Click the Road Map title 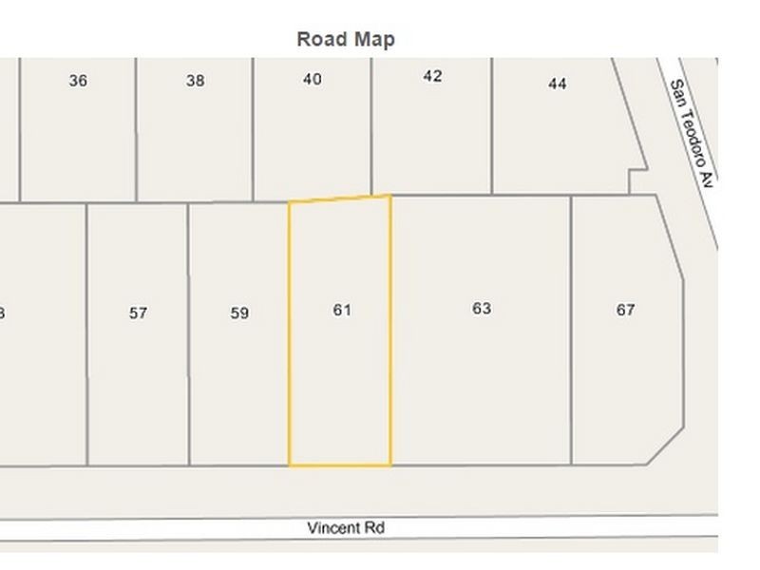tap(346, 39)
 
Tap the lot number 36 tap(78, 81)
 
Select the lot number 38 tap(195, 81)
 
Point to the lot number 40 tap(312, 80)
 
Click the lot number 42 tap(432, 76)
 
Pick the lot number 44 tap(558, 84)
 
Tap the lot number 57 tap(139, 313)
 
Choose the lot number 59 tap(239, 313)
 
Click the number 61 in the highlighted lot tap(342, 310)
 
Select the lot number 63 tap(482, 308)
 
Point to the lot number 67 tap(625, 310)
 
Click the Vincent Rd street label tap(346, 527)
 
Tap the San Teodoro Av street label tap(691, 133)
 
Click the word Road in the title tap(321, 39)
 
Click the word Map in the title tap(374, 39)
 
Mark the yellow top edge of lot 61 tap(340, 199)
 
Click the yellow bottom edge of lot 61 tap(340, 465)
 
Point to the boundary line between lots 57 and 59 tap(188, 332)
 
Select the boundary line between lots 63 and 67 tap(571, 332)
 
